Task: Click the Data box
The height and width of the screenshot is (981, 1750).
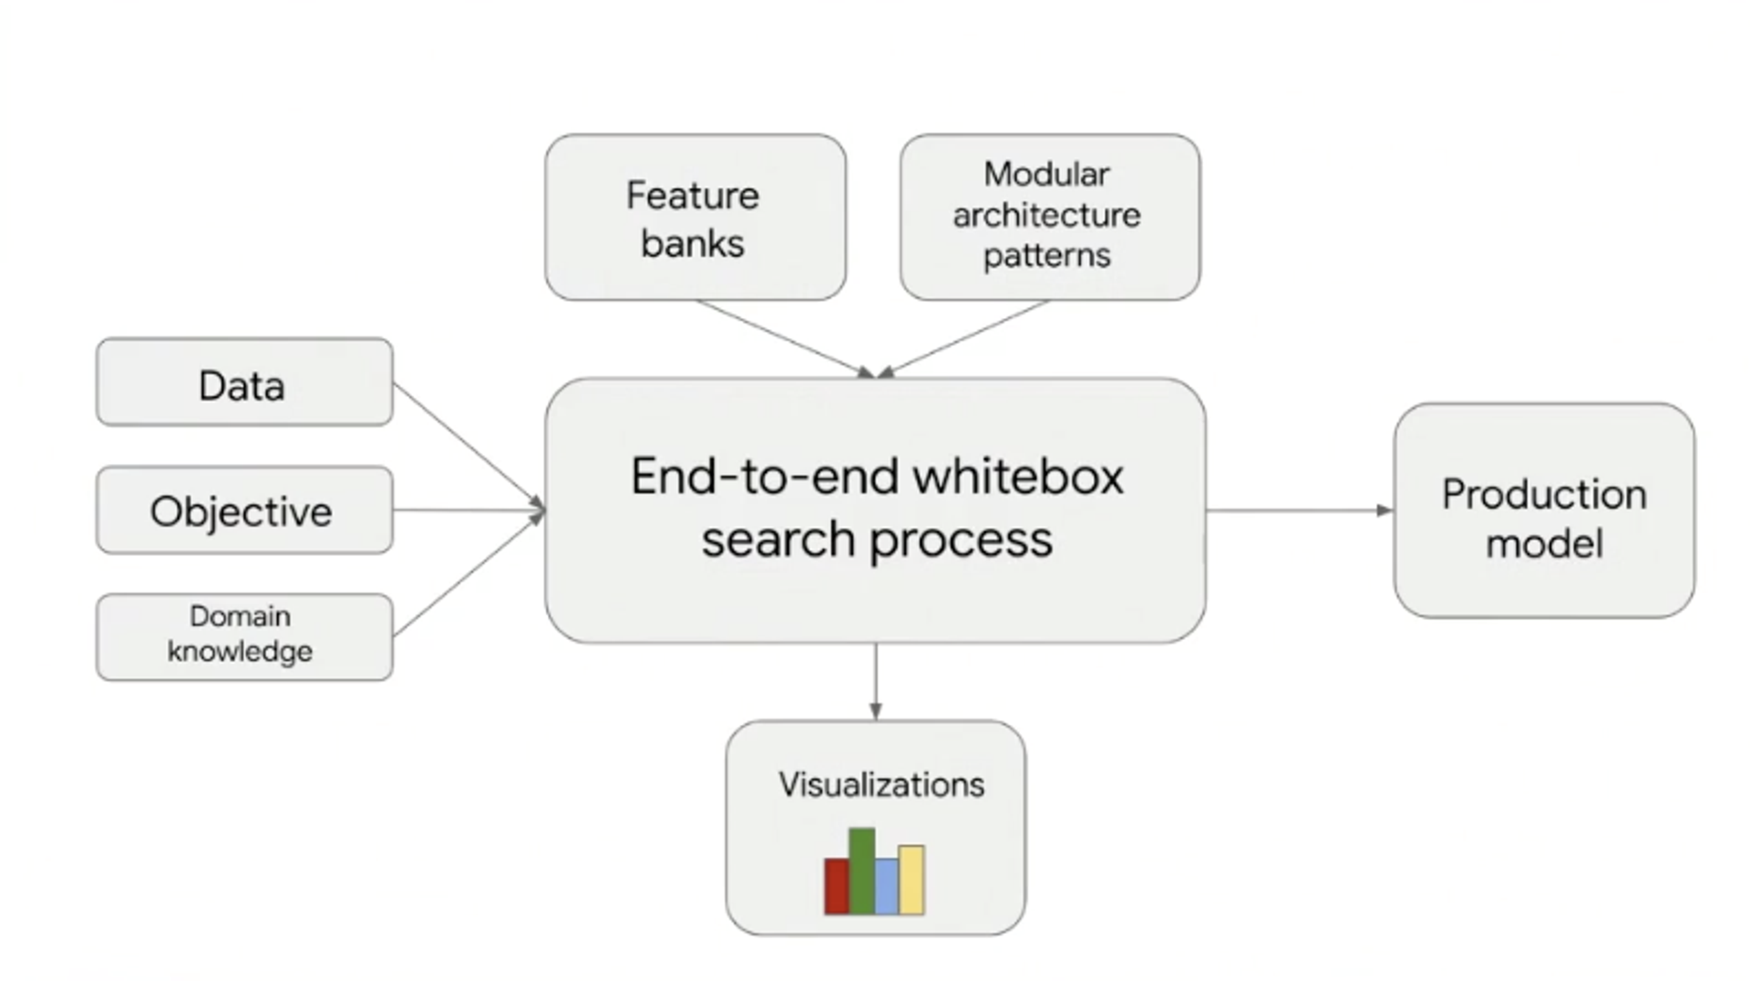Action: click(x=244, y=383)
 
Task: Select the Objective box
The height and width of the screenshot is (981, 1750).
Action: click(x=244, y=511)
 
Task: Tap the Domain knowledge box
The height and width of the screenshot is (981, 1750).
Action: click(x=244, y=636)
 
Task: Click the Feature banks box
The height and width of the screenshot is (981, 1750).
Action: click(x=695, y=219)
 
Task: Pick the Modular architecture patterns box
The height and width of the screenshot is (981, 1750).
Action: click(x=1049, y=217)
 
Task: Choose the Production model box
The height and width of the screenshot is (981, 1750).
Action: click(x=1544, y=511)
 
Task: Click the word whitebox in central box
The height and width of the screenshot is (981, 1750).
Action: click(x=1018, y=477)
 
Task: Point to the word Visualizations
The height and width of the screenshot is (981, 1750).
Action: click(x=880, y=785)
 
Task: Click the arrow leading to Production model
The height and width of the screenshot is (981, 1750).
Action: click(x=1299, y=511)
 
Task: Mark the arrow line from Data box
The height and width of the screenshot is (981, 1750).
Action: click(x=465, y=441)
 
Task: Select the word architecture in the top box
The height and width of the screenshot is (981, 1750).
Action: click(x=1046, y=216)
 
